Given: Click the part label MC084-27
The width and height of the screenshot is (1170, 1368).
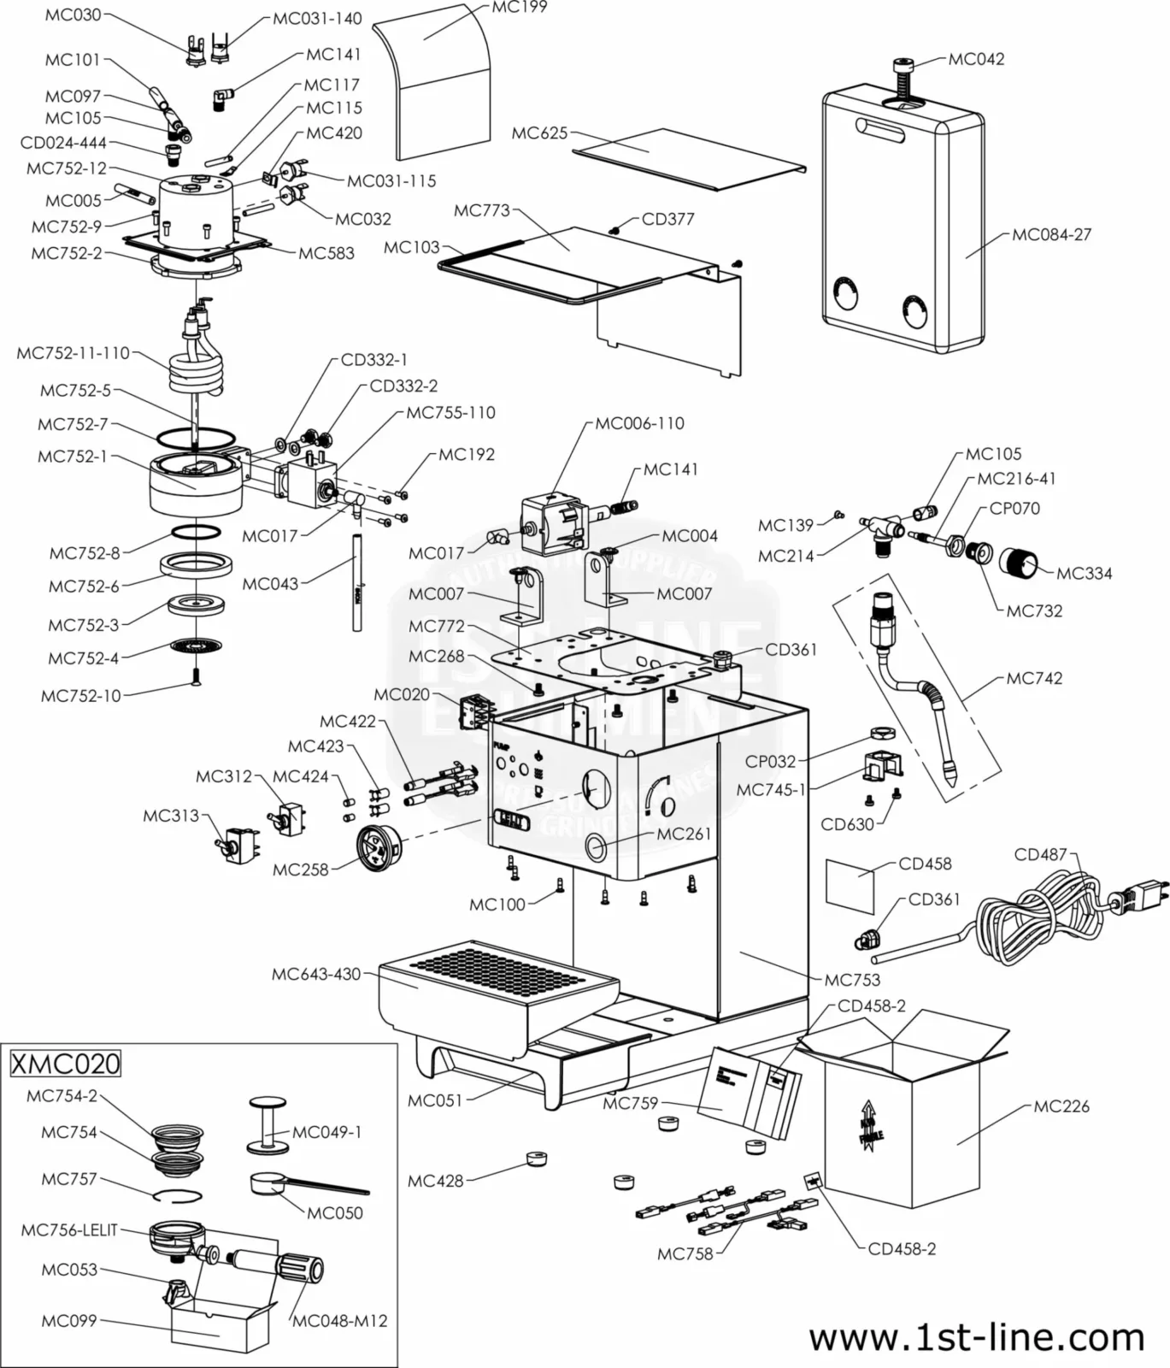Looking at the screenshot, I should pyautogui.click(x=1051, y=234).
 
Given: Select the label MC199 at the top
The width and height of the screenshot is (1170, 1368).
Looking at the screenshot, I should pyautogui.click(x=519, y=8).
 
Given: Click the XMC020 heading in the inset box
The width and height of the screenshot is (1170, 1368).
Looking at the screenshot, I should pyautogui.click(x=65, y=1064).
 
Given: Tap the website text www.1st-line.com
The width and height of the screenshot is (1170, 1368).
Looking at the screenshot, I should pyautogui.click(x=976, y=1337).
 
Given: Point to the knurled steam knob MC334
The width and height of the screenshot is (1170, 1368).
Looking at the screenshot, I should pyautogui.click(x=1017, y=563).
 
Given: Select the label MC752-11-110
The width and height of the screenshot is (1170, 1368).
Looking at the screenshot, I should pyautogui.click(x=73, y=353).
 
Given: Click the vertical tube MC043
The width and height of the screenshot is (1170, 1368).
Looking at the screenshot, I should pyautogui.click(x=357, y=581).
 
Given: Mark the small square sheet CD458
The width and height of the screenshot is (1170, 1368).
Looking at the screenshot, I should pyautogui.click(x=850, y=887).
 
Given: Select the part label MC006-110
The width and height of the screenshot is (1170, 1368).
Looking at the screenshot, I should pyautogui.click(x=639, y=423).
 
